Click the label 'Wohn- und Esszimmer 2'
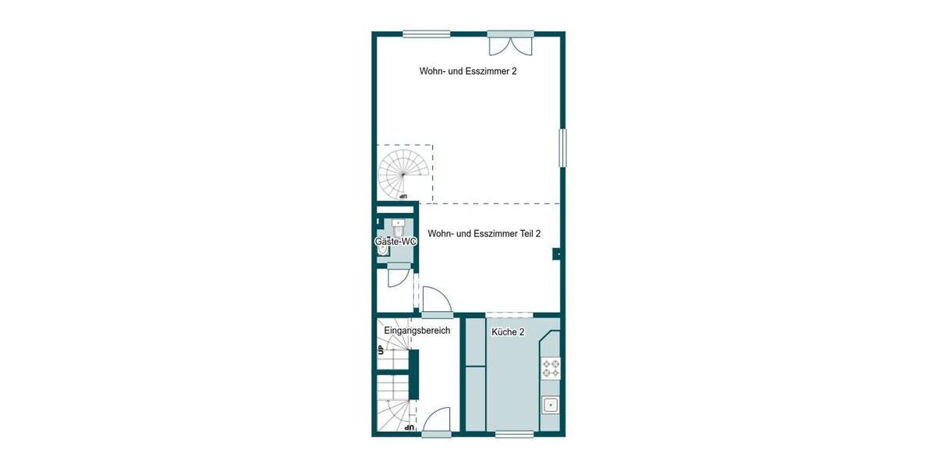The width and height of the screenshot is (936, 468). click(x=468, y=71)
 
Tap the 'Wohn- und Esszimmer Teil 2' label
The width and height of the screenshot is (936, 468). click(x=484, y=233)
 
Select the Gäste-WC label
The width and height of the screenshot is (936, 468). click(x=395, y=243)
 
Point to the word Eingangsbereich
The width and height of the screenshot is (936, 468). click(x=417, y=331)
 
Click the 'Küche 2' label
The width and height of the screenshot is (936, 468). click(x=508, y=332)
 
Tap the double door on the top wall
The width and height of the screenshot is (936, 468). click(x=510, y=44)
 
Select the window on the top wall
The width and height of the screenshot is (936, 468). click(x=426, y=34)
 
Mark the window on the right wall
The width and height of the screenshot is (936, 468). click(x=562, y=147)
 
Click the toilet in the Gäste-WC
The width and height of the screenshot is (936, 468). click(x=399, y=229)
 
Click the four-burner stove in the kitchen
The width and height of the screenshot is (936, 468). click(x=551, y=367)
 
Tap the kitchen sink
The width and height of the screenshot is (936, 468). click(x=551, y=404)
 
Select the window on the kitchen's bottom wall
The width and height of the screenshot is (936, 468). click(x=514, y=434)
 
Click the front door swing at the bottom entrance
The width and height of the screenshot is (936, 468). click(x=438, y=420)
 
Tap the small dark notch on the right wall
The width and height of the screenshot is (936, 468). click(x=556, y=253)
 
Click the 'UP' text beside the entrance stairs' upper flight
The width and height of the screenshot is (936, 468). click(x=381, y=349)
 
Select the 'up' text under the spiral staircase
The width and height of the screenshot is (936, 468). click(x=402, y=196)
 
